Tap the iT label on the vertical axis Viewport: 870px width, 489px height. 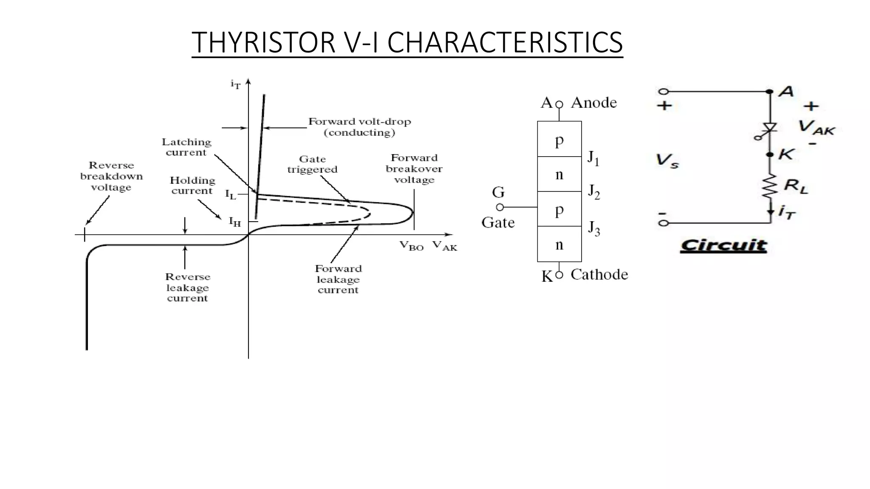tap(235, 84)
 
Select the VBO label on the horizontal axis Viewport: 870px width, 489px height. tap(412, 246)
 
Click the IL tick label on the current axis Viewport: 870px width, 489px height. tap(230, 195)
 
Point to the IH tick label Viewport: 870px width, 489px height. tap(234, 222)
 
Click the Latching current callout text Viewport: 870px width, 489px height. tap(186, 147)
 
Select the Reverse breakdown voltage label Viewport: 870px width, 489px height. tap(111, 176)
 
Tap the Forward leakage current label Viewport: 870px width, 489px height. tap(338, 279)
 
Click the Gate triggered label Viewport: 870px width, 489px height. tap(312, 164)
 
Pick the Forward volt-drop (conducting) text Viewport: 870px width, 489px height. tap(359, 127)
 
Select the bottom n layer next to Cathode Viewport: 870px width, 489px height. tap(559, 244)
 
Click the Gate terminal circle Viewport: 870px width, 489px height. tap(500, 207)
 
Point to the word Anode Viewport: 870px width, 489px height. tap(593, 103)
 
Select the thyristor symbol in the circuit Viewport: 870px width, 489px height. tap(769, 128)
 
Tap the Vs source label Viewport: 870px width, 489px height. tap(667, 160)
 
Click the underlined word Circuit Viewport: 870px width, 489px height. tap(723, 245)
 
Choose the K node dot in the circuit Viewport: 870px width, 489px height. tap(770, 155)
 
